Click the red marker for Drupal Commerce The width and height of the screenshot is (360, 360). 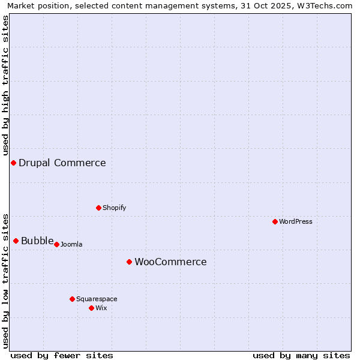[13, 163]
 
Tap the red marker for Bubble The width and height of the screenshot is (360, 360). [16, 241]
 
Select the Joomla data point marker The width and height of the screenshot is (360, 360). [57, 245]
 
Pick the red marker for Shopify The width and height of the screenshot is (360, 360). [99, 208]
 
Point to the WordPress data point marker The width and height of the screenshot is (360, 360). [275, 222]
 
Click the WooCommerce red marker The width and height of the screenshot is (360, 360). [130, 262]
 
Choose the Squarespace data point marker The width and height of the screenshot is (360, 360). [73, 299]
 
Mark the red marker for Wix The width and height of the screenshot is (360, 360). [92, 308]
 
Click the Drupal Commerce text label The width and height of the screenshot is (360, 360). [62, 163]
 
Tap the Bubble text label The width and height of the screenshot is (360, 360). [37, 241]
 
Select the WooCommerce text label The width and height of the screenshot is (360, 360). [170, 262]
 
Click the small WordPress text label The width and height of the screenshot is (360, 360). [296, 222]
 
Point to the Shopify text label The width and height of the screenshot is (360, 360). [115, 208]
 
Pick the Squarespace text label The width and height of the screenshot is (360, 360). [97, 299]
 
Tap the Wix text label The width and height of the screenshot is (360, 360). [101, 308]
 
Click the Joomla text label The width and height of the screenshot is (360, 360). [71, 245]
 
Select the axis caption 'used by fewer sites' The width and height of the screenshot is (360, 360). [62, 356]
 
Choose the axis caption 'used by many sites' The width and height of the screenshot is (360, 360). [301, 356]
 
